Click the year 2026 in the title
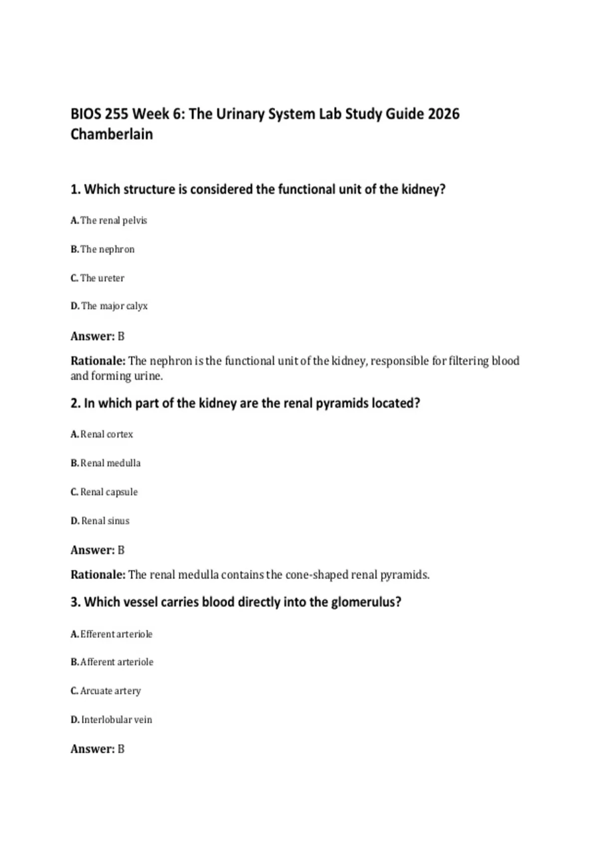(x=444, y=114)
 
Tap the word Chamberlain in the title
(x=112, y=135)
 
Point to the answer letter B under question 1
(x=121, y=336)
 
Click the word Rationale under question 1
(x=98, y=361)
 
